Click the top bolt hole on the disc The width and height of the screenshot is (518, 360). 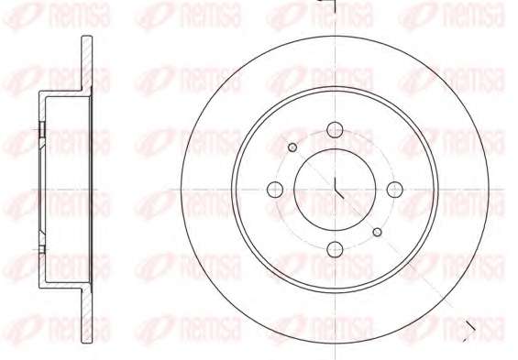point(335,130)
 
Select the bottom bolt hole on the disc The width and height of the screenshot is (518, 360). point(335,249)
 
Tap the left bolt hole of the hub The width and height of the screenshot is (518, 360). point(275,190)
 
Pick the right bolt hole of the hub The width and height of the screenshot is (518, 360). point(395,190)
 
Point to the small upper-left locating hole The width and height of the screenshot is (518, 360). point(292,147)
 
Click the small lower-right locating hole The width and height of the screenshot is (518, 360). point(377,232)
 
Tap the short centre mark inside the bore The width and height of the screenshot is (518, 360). point(338,188)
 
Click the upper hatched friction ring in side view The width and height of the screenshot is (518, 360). point(87,62)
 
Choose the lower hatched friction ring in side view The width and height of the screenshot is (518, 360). point(87,316)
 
